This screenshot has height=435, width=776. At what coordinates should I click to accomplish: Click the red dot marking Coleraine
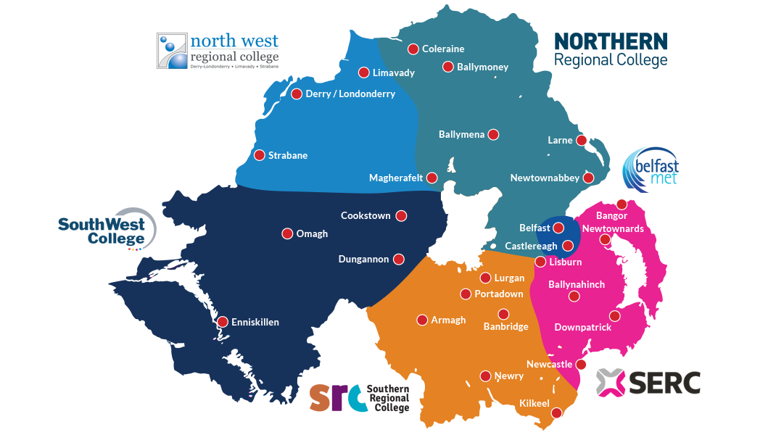click(x=413, y=49)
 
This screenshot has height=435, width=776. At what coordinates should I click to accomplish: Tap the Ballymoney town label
click(x=482, y=67)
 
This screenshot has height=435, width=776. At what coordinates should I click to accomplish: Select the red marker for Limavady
click(x=364, y=72)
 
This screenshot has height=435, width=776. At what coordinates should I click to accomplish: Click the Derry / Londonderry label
click(x=350, y=94)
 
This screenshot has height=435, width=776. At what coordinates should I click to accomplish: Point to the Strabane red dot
click(x=259, y=155)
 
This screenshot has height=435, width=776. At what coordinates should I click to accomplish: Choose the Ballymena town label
click(x=461, y=135)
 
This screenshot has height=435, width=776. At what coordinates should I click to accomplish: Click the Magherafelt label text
click(x=395, y=178)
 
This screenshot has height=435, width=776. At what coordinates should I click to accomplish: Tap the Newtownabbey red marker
click(x=588, y=178)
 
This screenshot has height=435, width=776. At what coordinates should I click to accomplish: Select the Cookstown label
click(x=366, y=216)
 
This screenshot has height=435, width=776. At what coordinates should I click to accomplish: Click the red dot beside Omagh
click(x=287, y=233)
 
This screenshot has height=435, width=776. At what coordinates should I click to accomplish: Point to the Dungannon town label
click(x=363, y=260)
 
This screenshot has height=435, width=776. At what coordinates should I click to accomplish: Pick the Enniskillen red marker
click(x=223, y=322)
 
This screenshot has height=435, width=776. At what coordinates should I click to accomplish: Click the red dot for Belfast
click(x=558, y=228)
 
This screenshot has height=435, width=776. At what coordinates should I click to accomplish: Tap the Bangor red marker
click(x=622, y=204)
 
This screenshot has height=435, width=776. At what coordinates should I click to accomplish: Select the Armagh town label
click(x=448, y=320)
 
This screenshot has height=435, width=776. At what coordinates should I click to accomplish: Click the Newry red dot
click(x=485, y=376)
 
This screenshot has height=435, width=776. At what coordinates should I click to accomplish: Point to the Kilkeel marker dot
click(x=556, y=413)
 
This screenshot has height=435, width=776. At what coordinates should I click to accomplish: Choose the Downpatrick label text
click(x=582, y=328)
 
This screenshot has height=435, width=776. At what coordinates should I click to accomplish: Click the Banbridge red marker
click(x=503, y=314)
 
